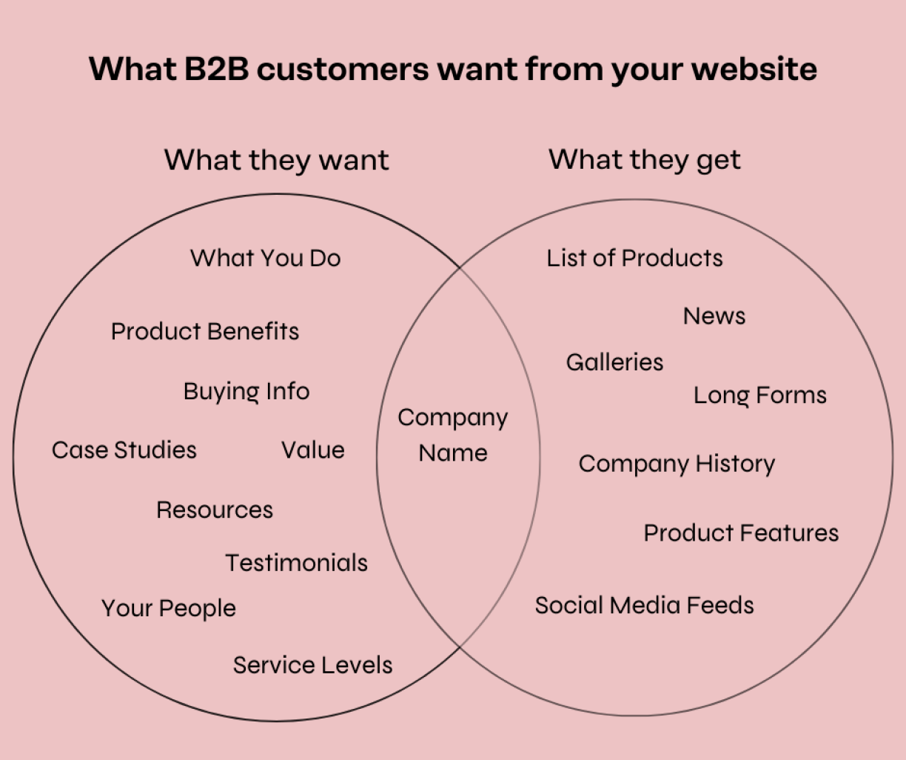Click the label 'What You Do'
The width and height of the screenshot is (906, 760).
pyautogui.click(x=265, y=258)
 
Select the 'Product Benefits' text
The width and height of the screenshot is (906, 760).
pyautogui.click(x=205, y=331)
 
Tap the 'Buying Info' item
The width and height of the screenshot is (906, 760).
pyautogui.click(x=246, y=391)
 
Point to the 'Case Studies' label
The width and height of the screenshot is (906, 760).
pyautogui.click(x=124, y=450)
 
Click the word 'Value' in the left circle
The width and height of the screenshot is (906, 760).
pyautogui.click(x=313, y=450)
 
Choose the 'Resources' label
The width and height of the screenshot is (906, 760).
pyautogui.click(x=215, y=510)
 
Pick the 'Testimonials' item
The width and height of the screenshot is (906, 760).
pyautogui.click(x=296, y=563)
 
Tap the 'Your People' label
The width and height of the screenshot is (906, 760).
pyautogui.click(x=169, y=608)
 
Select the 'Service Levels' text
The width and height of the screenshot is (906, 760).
pyautogui.click(x=312, y=665)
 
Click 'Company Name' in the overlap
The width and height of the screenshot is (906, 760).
pyautogui.click(x=453, y=435)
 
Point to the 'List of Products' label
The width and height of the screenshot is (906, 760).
pyautogui.click(x=634, y=258)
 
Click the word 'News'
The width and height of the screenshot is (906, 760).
pyautogui.click(x=714, y=316)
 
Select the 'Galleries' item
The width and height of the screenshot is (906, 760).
pyautogui.click(x=614, y=362)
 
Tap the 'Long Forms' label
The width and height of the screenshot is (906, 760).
pyautogui.click(x=759, y=396)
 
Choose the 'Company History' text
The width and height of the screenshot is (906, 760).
pyautogui.click(x=677, y=464)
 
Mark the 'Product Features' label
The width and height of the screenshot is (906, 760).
pyautogui.click(x=741, y=533)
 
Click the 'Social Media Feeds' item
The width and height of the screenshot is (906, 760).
pyautogui.click(x=644, y=605)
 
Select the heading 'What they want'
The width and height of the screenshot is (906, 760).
pyautogui.click(x=276, y=160)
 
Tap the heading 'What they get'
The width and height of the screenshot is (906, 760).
pyautogui.click(x=644, y=160)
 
